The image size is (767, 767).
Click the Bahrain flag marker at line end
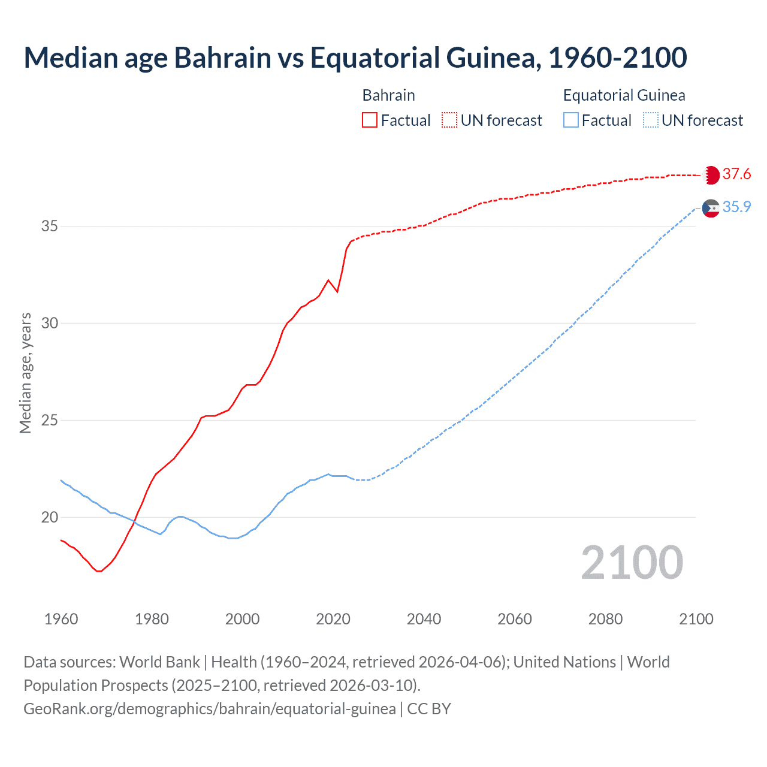pos(711,175)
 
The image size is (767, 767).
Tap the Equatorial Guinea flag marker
pos(711,208)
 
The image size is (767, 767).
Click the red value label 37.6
pos(736,174)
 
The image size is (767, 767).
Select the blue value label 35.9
pos(736,207)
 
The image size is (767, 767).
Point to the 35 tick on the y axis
pos(50,227)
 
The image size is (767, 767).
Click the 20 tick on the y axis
pos(50,517)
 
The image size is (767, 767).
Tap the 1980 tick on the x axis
pos(152,619)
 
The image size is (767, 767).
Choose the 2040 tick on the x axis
pos(424,619)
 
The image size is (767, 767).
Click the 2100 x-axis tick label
pos(696,619)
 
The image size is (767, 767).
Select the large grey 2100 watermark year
pos(632,563)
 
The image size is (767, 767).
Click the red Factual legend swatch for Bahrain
pos(370,120)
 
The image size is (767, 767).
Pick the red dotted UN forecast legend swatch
pos(449,120)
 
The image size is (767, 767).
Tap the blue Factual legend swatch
pos(571,120)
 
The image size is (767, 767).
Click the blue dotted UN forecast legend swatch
pos(650,120)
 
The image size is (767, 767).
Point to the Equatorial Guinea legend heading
pos(624,95)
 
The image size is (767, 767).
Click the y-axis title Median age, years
pos(25,373)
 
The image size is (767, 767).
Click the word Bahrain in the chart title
pos(222,58)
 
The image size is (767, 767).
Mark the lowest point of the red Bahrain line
pos(99,571)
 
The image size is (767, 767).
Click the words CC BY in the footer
pos(429,709)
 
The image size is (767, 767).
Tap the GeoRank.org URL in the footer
pos(209,709)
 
